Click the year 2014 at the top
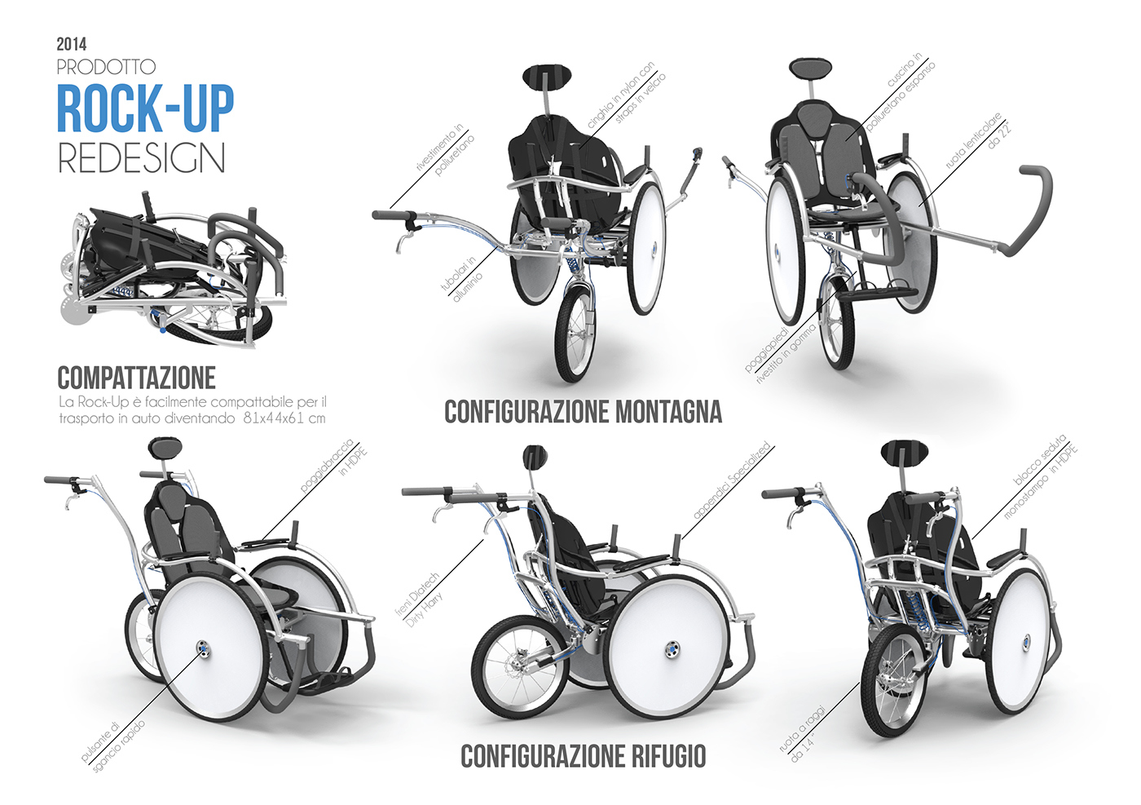tap(72, 44)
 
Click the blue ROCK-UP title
tap(145, 108)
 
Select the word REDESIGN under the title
tap(141, 158)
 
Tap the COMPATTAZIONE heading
tap(136, 378)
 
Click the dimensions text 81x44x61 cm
tap(284, 418)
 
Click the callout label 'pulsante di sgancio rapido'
tap(114, 742)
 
